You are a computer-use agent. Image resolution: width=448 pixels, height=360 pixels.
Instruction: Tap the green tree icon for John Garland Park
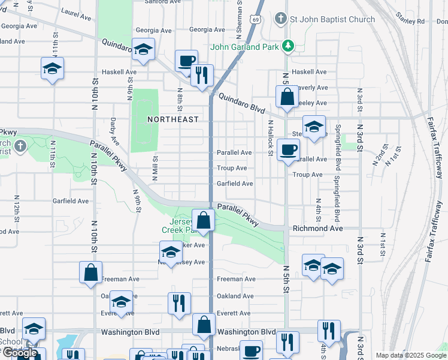pyautogui.click(x=288, y=46)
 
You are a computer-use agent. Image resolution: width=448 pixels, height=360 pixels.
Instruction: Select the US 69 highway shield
pyautogui.click(x=256, y=20)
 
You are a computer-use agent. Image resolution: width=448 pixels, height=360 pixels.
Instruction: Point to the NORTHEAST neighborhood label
pyautogui.click(x=173, y=119)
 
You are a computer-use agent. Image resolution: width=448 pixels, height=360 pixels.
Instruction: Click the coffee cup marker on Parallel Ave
pyautogui.click(x=288, y=149)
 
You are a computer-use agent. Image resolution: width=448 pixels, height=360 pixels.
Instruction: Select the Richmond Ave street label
pyautogui.click(x=317, y=229)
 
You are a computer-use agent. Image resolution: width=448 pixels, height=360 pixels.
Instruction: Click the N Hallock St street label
pyautogui.click(x=271, y=138)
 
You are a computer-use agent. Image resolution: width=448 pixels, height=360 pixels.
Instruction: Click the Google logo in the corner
pyautogui.click(x=19, y=353)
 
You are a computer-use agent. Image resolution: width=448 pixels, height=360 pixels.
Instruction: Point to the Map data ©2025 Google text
pyautogui.click(x=410, y=355)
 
